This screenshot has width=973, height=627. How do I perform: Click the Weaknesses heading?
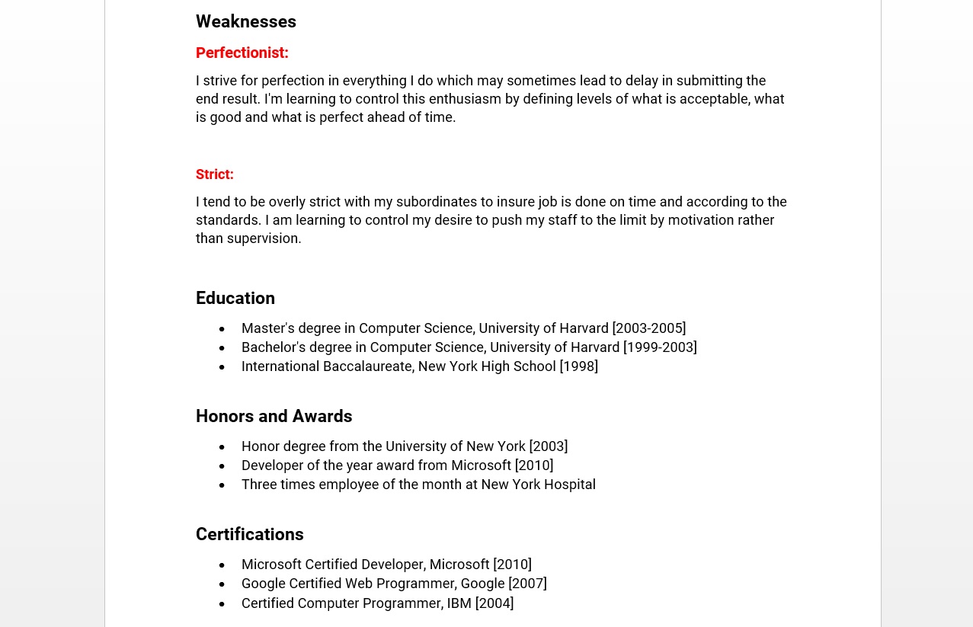pos(245,22)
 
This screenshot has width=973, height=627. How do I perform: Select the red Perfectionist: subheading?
pos(242,53)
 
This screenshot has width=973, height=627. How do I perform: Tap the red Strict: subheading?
pos(214,174)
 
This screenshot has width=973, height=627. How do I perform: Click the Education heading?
pos(235,299)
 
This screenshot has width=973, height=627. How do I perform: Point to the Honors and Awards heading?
pos(274,417)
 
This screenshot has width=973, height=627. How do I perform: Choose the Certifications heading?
pos(249,535)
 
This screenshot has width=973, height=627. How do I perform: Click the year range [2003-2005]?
pos(648,328)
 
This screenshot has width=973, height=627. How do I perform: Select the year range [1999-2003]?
pos(660,347)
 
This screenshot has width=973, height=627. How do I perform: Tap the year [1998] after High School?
pos(578,366)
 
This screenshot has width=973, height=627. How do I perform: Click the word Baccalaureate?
pos(368,366)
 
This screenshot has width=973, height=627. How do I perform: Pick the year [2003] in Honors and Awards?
pos(548,446)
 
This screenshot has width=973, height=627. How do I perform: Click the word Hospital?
pos(569,485)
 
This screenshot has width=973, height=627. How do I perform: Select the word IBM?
pos(459,603)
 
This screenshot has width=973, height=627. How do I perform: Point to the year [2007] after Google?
pos(527,584)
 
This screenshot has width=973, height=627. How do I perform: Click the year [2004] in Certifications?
pos(495,603)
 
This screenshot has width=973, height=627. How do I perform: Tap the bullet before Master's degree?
pos(222,329)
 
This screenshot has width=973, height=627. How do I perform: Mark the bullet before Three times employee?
pos(222,485)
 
